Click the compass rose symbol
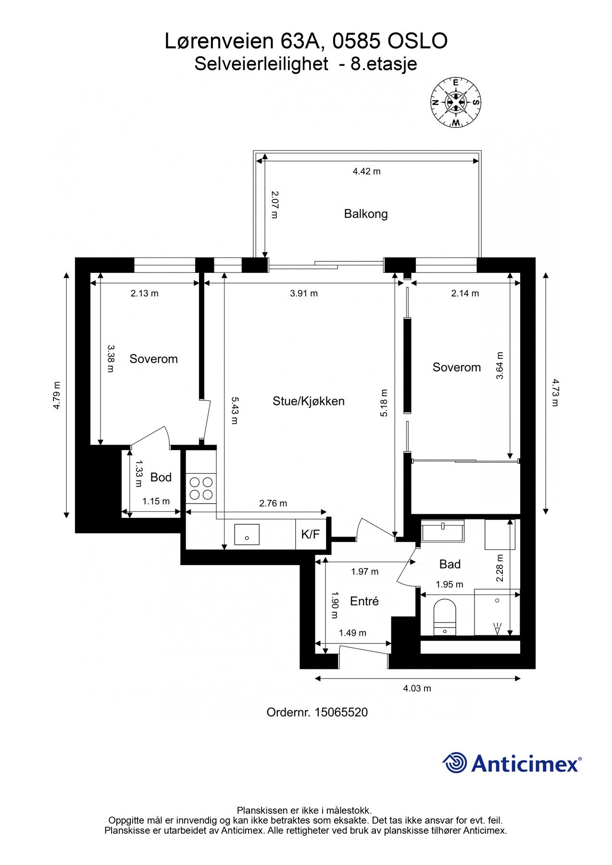pos(455,102)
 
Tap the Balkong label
pos(366,214)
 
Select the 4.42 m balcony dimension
pos(367,172)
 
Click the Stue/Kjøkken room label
pos(309,401)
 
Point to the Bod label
pos(161,477)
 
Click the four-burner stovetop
pos(201,487)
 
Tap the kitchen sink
pos(247,534)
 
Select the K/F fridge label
pos(310,534)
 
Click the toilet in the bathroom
pos(444,617)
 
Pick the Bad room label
pos(450,564)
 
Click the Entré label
pos(364,601)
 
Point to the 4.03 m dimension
pos(417,689)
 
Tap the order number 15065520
pos(341,712)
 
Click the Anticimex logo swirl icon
pos(455,763)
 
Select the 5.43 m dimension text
pos(235,410)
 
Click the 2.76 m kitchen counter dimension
pos(273,504)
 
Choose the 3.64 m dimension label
pos(500,366)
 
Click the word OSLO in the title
pos(417,41)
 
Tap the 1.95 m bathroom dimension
pos(450,585)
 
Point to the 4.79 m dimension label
pos(57,395)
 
